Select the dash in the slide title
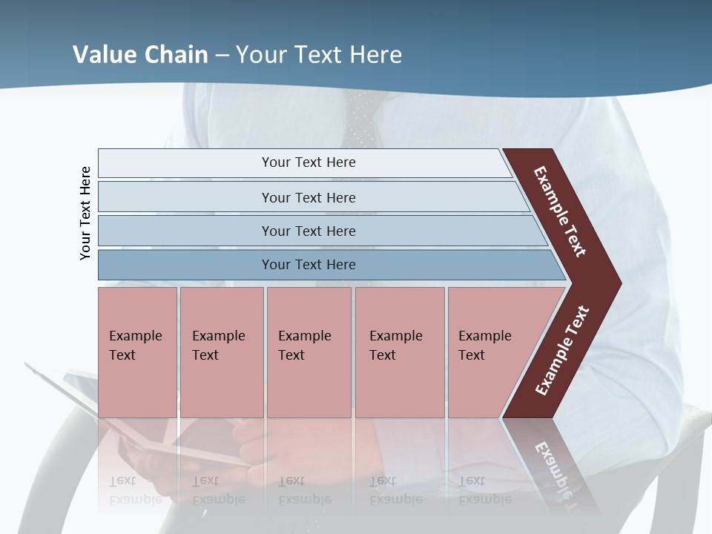point(222,55)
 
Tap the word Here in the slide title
point(375,55)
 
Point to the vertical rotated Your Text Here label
point(85,213)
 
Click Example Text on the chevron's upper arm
point(560,211)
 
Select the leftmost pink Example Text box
point(137,352)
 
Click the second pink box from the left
point(221,352)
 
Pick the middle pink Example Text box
point(309,352)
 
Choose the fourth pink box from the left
point(400,352)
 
